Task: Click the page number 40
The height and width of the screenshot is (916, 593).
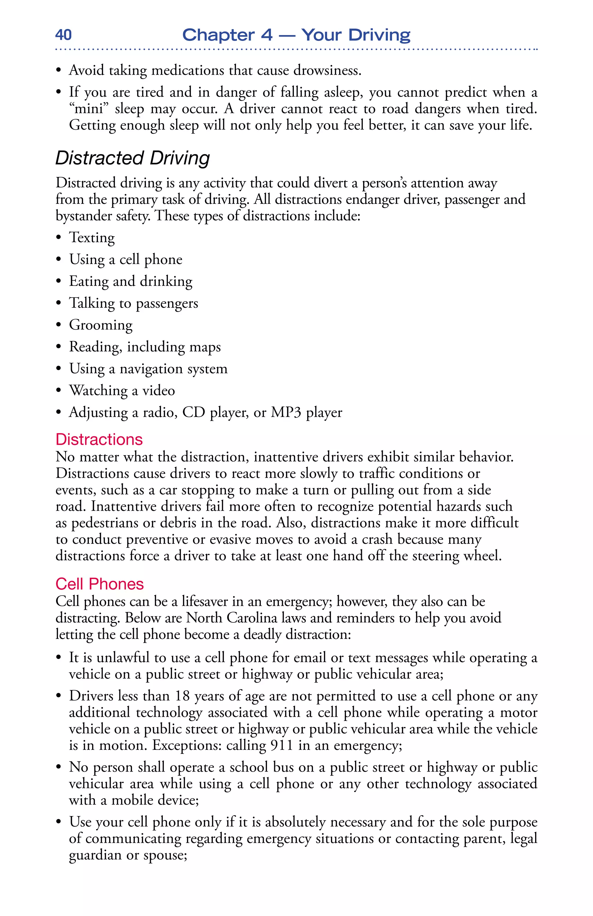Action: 63,35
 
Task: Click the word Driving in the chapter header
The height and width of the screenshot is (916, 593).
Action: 379,35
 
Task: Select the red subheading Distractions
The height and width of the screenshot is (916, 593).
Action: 99,439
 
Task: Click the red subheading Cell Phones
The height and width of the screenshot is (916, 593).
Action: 99,584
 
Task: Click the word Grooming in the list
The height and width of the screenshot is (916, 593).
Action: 101,325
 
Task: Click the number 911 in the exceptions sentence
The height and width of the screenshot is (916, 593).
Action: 282,745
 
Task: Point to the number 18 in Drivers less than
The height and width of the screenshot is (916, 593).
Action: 183,696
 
